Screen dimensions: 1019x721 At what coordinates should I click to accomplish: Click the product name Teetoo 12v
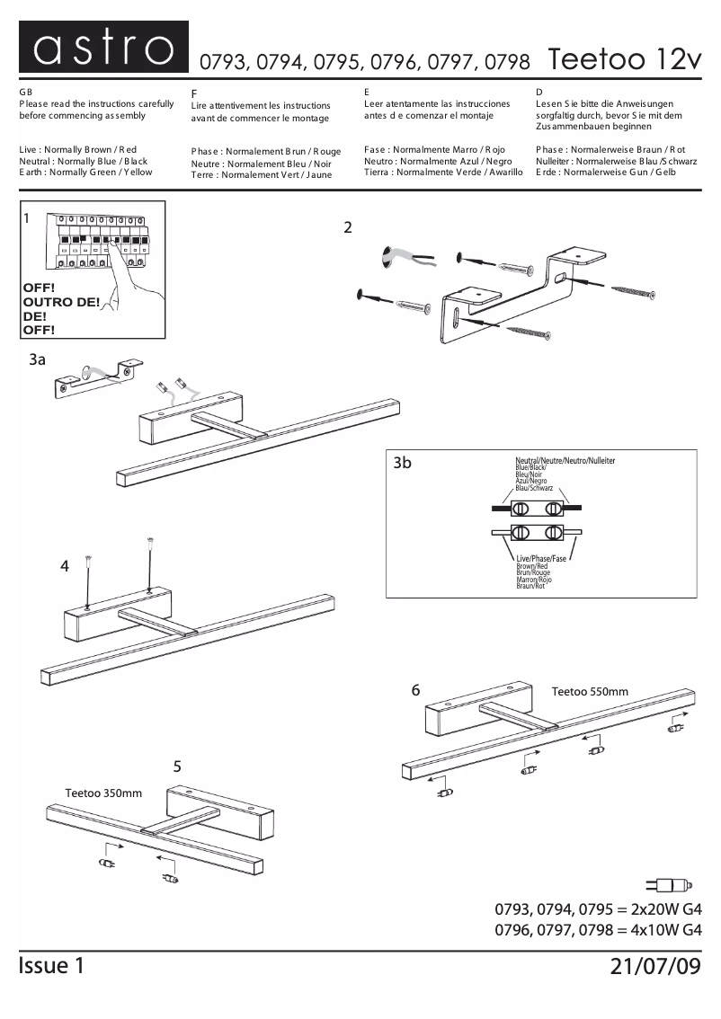[x=622, y=59]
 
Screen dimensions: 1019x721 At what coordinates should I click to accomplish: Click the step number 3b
[x=403, y=464]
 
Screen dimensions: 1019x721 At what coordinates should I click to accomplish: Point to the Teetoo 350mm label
[x=103, y=793]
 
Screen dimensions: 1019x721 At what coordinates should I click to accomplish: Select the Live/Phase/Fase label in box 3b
[x=541, y=558]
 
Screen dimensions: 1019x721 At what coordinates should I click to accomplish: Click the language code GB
[x=25, y=93]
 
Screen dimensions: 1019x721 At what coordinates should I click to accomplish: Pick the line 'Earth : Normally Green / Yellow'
[x=85, y=172]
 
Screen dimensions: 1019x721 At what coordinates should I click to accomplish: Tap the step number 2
[x=347, y=227]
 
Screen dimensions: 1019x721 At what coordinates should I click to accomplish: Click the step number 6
[x=415, y=690]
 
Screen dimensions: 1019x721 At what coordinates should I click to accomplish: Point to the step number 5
[x=177, y=766]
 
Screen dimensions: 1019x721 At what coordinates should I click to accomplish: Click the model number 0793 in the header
[x=223, y=62]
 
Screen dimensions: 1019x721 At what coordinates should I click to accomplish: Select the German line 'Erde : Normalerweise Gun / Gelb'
[x=605, y=172]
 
